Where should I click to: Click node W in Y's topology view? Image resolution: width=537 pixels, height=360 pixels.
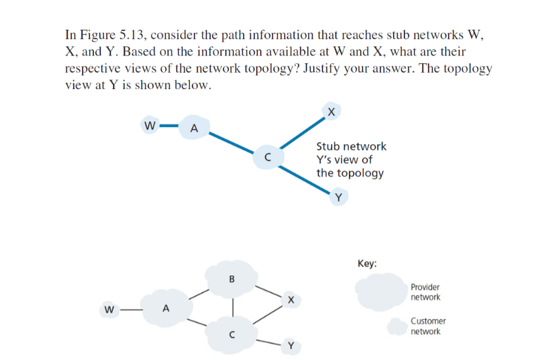point(150,125)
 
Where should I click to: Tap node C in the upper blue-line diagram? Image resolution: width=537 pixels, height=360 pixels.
point(268,157)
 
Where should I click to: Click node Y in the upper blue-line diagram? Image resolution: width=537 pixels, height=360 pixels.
point(339,198)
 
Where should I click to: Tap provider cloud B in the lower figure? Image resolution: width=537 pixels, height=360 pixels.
point(232,278)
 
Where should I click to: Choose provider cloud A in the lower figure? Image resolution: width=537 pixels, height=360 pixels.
point(166,309)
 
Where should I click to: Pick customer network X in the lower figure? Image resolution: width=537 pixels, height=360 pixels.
point(289,299)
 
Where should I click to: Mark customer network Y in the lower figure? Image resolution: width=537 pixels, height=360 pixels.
point(290,345)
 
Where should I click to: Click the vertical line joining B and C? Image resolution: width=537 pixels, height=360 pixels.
point(233,306)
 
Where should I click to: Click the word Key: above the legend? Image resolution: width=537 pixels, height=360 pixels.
point(367,263)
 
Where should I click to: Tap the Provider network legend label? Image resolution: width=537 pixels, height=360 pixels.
point(425,292)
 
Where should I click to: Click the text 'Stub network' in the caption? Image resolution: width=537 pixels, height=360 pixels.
point(351,146)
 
